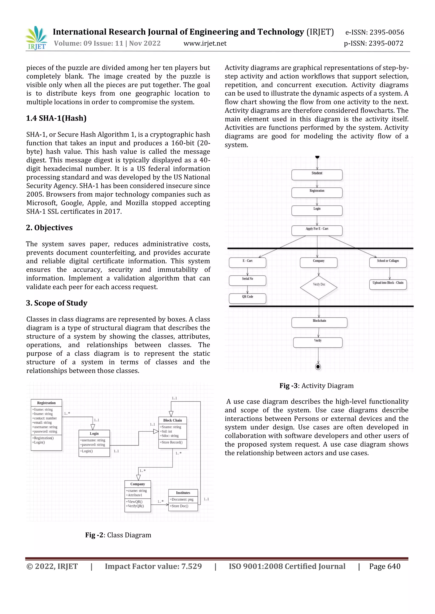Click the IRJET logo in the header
37,38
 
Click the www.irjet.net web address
205,43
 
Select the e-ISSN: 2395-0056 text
374,32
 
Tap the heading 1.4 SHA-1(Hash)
56,118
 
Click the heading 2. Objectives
49,227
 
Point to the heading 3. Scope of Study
57,303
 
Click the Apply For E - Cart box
317,230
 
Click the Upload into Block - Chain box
388,284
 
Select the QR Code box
247,298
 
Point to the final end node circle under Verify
318,367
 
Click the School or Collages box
388,262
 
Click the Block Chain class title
172,420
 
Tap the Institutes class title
183,493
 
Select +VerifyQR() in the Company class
135,506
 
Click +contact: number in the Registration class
44,418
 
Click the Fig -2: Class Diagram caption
118,535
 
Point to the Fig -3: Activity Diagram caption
316,386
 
